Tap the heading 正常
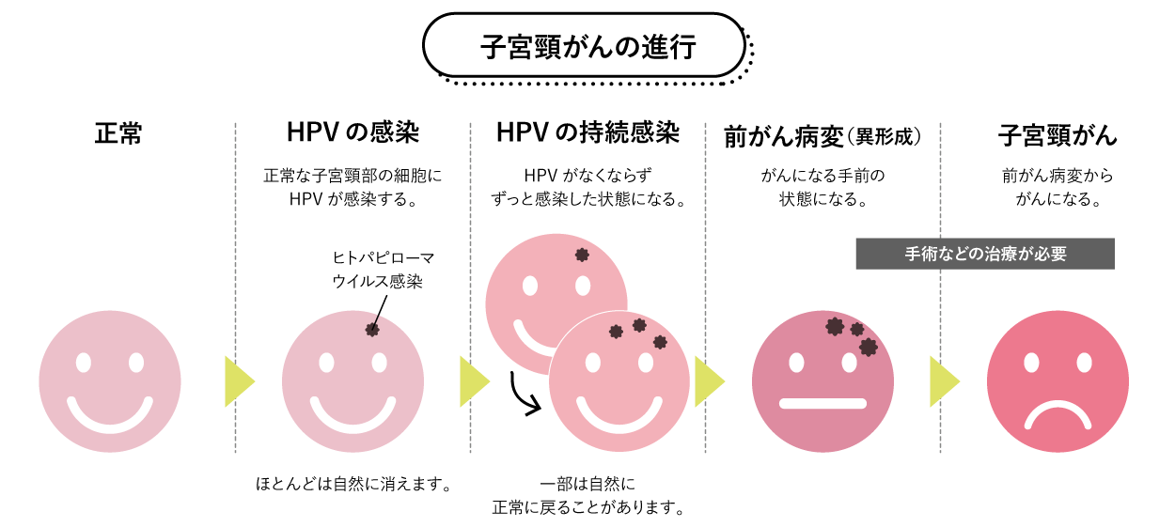point(117,134)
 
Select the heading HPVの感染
point(352,133)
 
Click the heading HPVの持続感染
point(587,133)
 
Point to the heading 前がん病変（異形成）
point(822,136)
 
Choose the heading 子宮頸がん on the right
point(1057,135)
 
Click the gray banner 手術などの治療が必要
point(985,254)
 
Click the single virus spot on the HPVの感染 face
point(372,329)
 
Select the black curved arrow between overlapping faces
point(525,395)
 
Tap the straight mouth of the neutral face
point(822,404)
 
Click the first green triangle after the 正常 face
point(239,381)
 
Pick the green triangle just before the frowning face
point(944,381)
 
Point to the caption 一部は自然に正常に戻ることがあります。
point(587,497)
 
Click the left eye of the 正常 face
point(84,363)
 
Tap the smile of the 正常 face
point(110,414)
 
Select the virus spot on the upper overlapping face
point(582,255)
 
